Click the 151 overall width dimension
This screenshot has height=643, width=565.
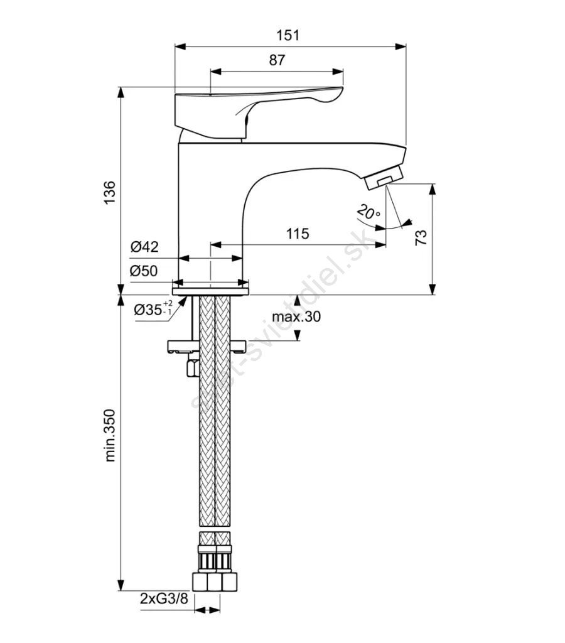click(x=290, y=35)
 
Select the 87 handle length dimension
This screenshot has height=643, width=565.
click(x=277, y=60)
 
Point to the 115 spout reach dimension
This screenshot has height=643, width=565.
click(x=298, y=234)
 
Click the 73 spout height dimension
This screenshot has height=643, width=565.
click(x=421, y=237)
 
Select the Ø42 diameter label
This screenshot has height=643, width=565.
click(x=144, y=247)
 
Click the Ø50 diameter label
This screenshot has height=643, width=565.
click(x=144, y=271)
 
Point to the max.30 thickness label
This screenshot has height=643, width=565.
click(x=296, y=317)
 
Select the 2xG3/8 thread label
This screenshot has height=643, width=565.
click(x=164, y=598)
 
